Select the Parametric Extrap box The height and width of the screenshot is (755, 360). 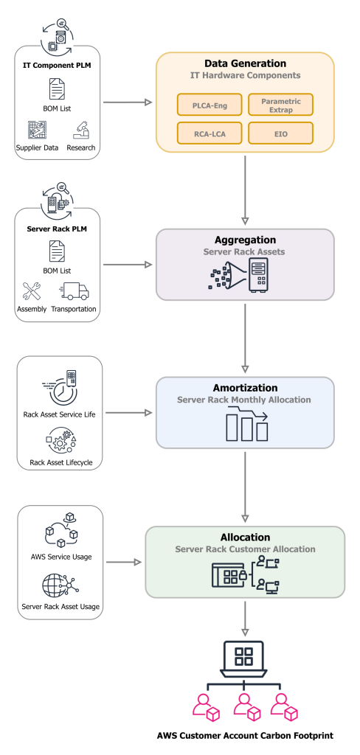[280, 105]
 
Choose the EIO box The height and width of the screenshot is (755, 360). [280, 133]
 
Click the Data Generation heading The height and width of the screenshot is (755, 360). [244, 63]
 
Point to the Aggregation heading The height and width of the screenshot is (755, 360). [244, 240]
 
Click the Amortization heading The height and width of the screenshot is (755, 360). [244, 387]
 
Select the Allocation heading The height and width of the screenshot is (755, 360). [244, 537]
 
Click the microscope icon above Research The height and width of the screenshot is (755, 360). [82, 129]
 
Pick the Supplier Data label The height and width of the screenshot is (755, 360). [37, 146]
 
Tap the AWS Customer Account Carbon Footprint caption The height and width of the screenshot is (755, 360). [244, 736]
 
